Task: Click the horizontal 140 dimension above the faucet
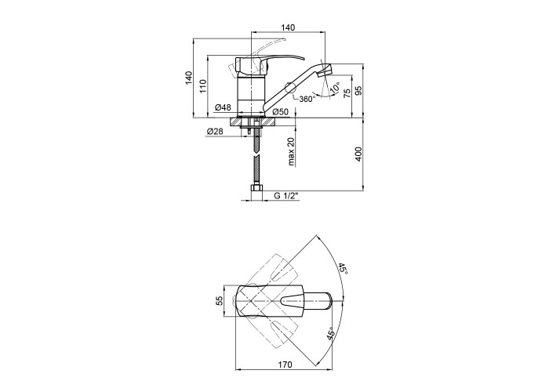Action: (x=288, y=27)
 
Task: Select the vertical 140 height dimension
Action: (x=189, y=78)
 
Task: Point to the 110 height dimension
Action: (x=202, y=86)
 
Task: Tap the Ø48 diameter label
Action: (x=223, y=107)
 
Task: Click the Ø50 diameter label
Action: (x=280, y=112)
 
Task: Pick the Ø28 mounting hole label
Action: (x=215, y=132)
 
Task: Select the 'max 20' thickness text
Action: (x=291, y=151)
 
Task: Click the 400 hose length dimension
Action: (x=358, y=154)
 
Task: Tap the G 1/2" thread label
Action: (x=286, y=196)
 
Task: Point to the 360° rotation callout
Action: (x=307, y=99)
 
